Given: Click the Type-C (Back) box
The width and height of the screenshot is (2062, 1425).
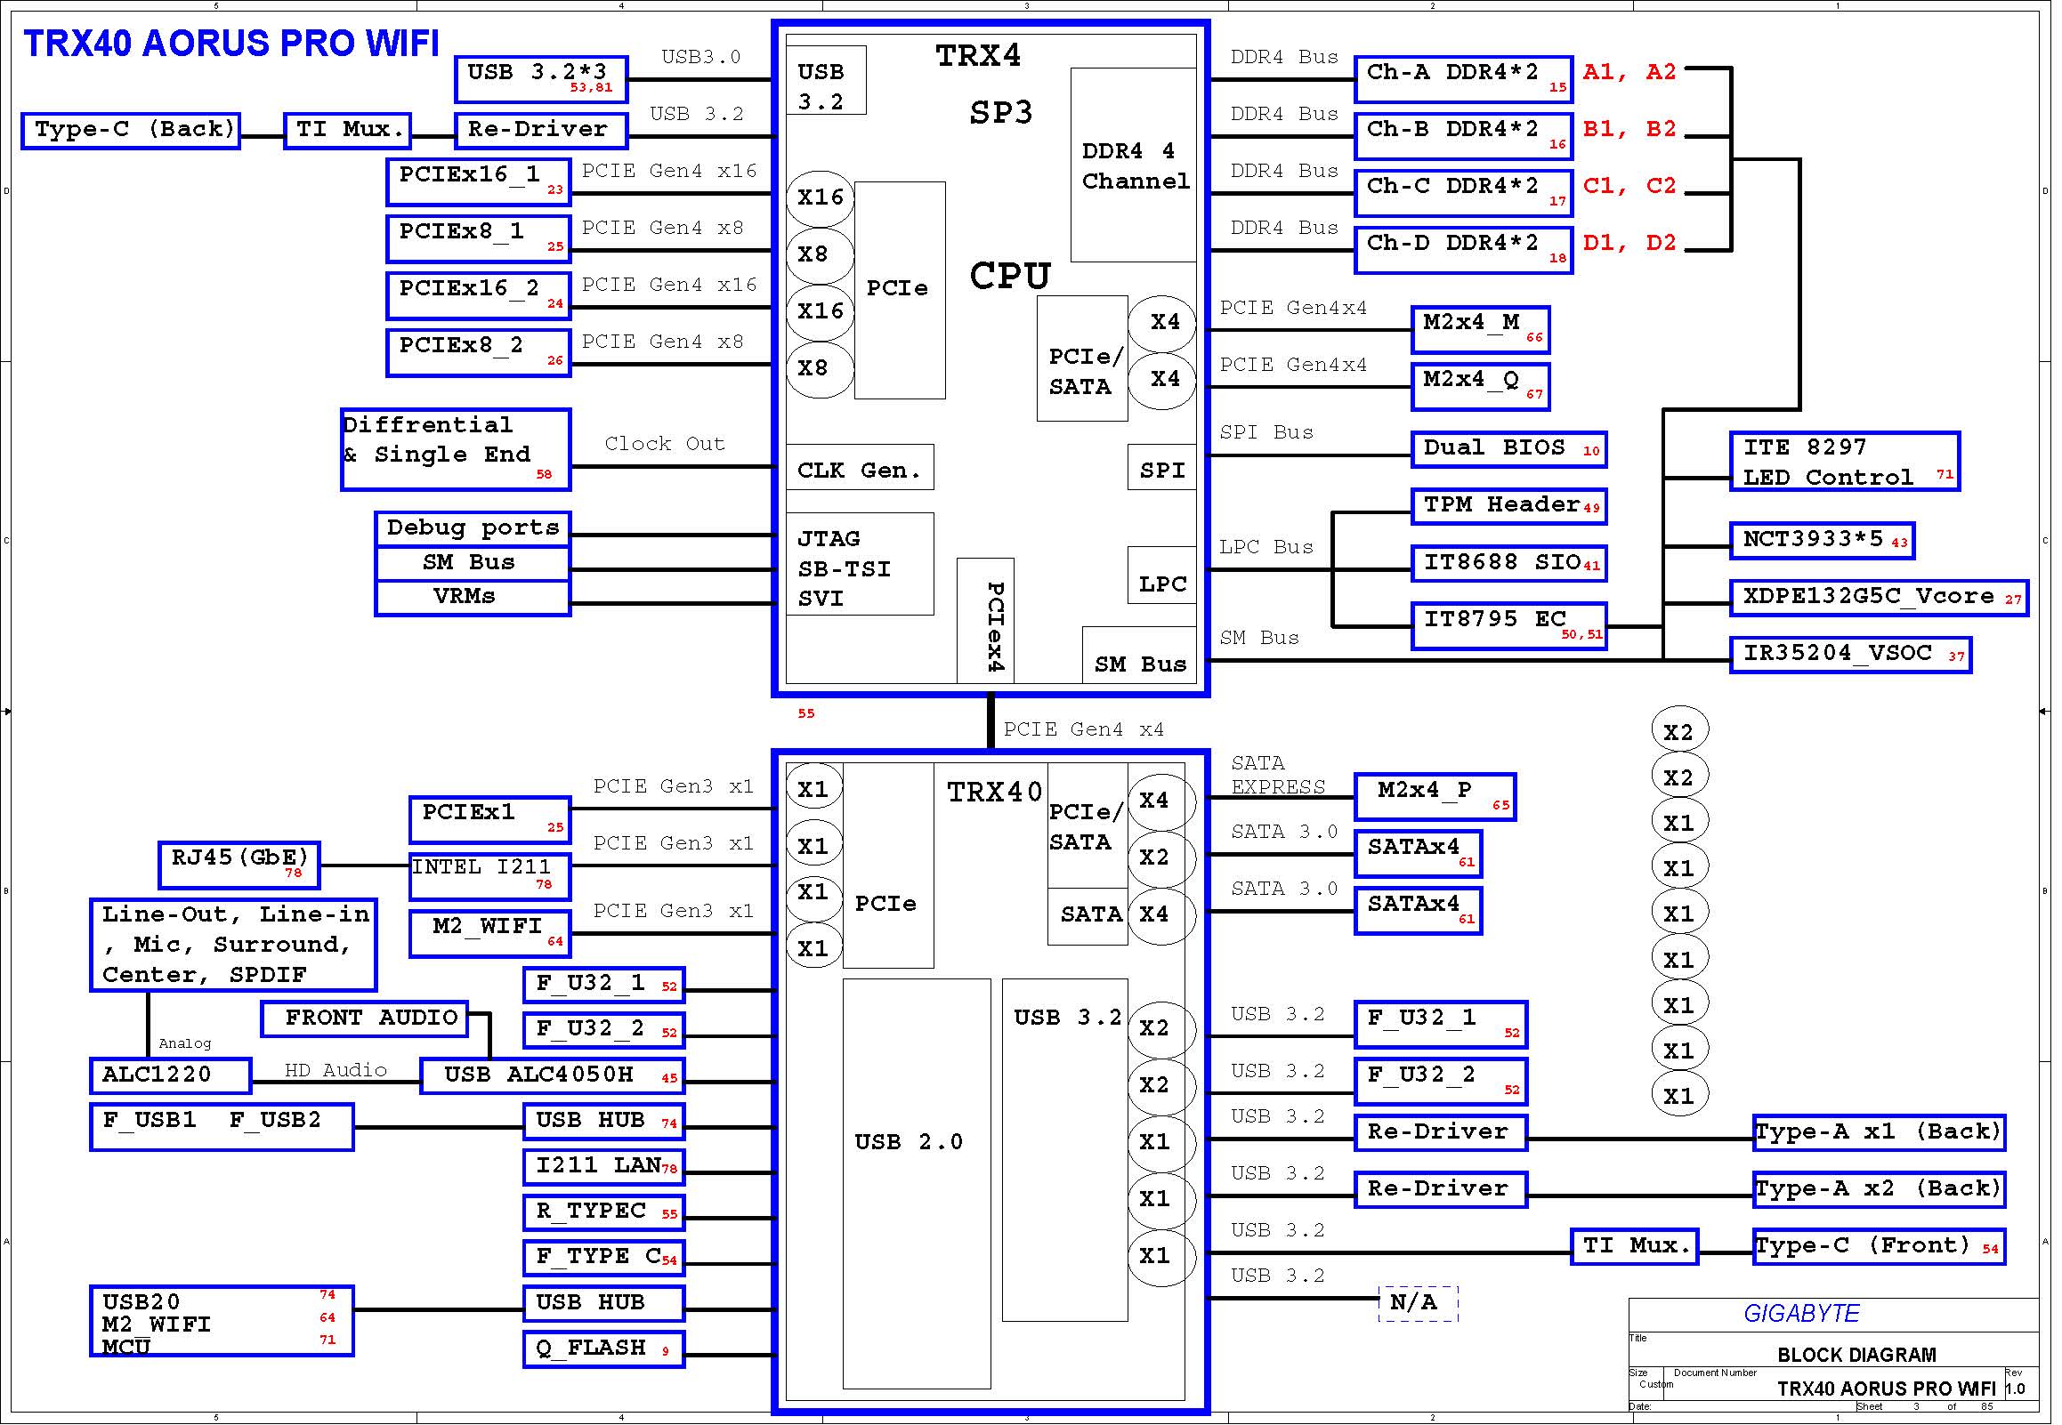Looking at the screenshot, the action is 131,132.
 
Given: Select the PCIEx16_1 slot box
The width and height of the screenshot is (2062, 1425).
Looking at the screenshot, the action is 479,182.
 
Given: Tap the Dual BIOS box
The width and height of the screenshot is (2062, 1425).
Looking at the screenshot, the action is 1509,450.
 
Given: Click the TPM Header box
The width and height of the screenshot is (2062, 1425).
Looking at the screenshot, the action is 1509,507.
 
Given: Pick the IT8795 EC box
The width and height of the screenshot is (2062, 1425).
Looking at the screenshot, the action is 1509,626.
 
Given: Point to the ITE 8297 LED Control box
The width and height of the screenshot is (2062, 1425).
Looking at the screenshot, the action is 1845,462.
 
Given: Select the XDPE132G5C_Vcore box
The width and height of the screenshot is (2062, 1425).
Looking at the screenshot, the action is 1880,599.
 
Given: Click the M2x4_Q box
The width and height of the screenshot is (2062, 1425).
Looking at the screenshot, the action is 1481,387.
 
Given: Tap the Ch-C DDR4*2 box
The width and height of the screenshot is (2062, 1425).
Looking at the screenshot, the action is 1464,193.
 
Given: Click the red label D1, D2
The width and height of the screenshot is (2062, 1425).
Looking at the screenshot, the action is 1629,243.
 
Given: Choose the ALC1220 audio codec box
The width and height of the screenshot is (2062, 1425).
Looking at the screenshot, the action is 171,1076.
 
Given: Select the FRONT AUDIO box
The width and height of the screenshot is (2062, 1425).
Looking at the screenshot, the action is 364,1018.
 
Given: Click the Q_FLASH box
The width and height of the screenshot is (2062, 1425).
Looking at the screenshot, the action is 603,1349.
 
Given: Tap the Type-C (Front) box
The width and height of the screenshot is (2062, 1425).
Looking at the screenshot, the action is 1879,1246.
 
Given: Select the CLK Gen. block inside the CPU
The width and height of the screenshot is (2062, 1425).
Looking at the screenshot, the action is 860,467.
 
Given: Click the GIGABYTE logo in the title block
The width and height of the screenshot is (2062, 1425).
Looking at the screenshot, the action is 1801,1314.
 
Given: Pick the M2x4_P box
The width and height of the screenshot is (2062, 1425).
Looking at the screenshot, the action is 1435,796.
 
